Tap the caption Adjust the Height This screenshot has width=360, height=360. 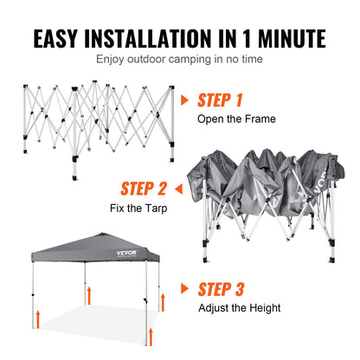click(x=239, y=306)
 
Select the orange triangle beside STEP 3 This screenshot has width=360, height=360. click(x=185, y=287)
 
